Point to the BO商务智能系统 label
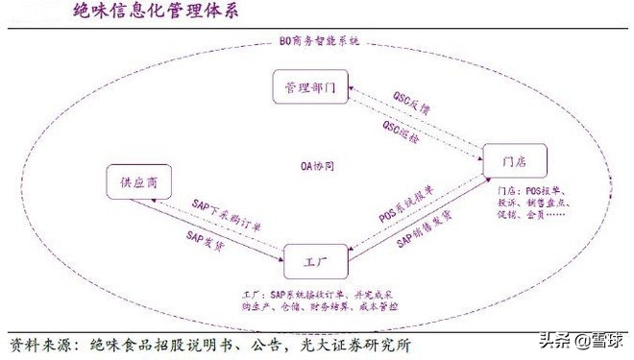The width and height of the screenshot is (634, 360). click(x=317, y=42)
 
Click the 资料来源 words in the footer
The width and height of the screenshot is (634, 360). click(x=39, y=344)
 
